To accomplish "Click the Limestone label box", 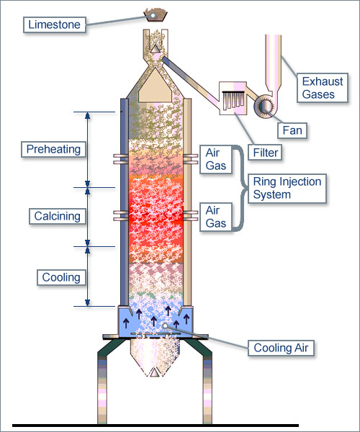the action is point(55,24).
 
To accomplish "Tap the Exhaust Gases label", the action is point(323,88).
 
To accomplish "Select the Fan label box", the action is point(292,130).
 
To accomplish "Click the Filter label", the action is point(265,153).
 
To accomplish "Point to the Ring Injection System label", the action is point(287,189).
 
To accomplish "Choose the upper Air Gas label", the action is point(216,159).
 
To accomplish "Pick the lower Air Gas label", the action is point(216,217).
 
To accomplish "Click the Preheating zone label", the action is point(54,149).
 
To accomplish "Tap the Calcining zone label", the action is point(58,216).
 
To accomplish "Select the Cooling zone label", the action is point(61,277).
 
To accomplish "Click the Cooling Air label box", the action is point(281,348).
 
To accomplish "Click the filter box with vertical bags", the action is point(233,99).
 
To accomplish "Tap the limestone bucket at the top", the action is point(154,15).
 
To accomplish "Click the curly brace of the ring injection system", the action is point(240,188).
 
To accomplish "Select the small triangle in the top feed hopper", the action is point(155,48).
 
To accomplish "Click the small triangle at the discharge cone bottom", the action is point(154,373).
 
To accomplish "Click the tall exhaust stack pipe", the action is point(273,63).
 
